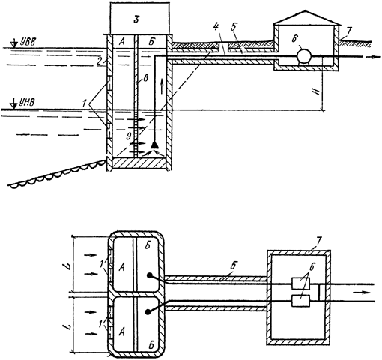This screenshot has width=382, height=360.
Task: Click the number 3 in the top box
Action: (x=136, y=19)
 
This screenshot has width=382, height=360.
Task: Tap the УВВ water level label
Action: (x=28, y=42)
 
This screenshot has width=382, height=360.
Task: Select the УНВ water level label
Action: (x=27, y=102)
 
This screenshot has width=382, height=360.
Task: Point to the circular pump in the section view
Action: (x=303, y=56)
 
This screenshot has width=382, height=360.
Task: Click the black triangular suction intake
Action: (x=155, y=145)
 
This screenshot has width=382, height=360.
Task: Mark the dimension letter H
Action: (x=317, y=91)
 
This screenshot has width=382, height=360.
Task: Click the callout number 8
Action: (x=145, y=79)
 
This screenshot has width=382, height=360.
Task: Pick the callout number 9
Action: (x=129, y=136)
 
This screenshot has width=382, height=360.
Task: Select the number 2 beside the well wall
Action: (x=100, y=61)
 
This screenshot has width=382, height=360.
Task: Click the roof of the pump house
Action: (x=307, y=17)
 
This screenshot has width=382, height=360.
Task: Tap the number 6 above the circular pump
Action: (x=295, y=39)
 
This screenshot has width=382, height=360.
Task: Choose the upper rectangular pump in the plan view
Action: (x=300, y=283)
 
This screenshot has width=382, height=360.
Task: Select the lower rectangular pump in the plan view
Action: (x=300, y=301)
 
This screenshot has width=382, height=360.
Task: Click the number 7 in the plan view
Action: (x=319, y=241)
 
